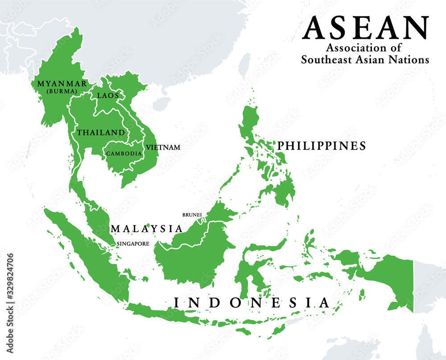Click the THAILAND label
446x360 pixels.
[101, 132]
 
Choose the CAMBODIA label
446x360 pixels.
[124, 153]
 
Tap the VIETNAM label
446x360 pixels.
[165, 147]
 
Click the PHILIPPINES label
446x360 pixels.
[322, 146]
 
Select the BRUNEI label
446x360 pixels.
[192, 215]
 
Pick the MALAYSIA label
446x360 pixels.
[147, 229]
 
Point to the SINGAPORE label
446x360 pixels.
[132, 244]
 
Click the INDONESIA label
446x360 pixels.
[252, 303]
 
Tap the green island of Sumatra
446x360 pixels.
[89, 254]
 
